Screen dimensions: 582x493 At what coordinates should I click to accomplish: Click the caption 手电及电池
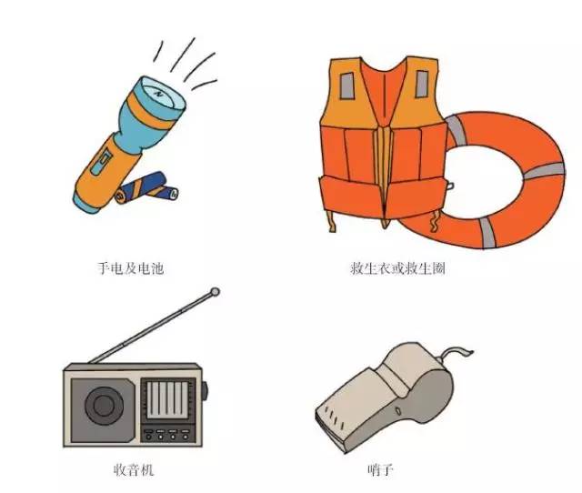click(x=130, y=268)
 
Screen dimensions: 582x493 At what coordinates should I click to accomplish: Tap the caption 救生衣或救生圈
click(x=397, y=268)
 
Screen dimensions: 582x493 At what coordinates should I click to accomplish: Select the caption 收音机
click(x=134, y=470)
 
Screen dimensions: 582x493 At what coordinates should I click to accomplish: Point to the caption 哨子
click(x=380, y=470)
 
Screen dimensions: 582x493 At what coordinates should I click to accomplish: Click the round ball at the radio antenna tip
click(x=215, y=292)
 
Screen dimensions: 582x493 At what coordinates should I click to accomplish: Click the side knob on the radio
click(x=205, y=391)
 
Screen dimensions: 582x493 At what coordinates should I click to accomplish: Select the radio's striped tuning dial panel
click(x=167, y=400)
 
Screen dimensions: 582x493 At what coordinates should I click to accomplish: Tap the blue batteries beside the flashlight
click(x=147, y=187)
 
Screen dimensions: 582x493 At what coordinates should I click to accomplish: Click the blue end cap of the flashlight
click(x=87, y=204)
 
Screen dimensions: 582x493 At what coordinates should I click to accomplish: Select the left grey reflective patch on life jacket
click(x=347, y=86)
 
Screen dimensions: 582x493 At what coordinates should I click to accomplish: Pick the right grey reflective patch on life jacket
click(x=422, y=84)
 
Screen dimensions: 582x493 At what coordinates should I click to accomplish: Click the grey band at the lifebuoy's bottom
click(x=487, y=233)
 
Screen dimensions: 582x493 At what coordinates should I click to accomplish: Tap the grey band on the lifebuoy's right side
click(x=544, y=171)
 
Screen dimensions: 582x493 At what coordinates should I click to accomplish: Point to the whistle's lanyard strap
click(x=455, y=353)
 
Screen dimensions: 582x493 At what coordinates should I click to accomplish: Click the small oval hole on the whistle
click(x=398, y=411)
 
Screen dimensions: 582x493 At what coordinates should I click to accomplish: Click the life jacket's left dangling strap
click(x=331, y=222)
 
